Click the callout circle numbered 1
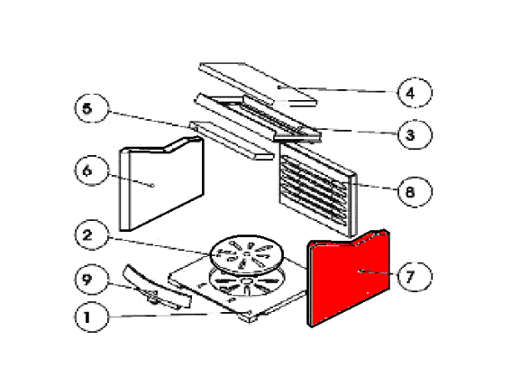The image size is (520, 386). (92, 317)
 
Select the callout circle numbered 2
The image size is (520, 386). (92, 235)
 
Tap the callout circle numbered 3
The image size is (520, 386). (415, 134)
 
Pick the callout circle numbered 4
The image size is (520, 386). (415, 93)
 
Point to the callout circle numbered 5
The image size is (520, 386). (92, 108)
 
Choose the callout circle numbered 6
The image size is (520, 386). (92, 170)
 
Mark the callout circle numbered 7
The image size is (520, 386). (415, 276)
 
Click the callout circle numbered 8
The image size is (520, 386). (415, 192)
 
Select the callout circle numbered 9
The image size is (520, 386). (92, 279)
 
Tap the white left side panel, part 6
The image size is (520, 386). (162, 184)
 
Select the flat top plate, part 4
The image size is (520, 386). (257, 84)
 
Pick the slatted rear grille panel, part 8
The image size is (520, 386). (317, 189)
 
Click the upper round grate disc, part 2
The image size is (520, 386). (247, 255)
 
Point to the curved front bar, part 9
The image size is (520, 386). (156, 287)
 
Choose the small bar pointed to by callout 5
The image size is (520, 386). (232, 140)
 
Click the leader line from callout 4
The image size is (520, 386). (338, 89)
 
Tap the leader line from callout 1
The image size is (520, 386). (179, 315)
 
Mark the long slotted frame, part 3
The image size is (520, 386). (257, 118)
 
